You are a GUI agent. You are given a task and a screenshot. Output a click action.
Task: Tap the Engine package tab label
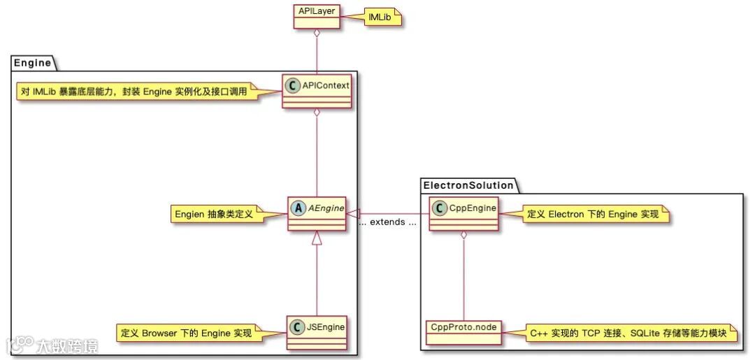33,63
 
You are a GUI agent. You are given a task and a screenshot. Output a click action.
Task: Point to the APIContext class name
325,85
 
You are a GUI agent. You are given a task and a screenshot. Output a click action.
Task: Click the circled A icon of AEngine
296,208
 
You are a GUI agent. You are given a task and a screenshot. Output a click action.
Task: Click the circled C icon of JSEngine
296,326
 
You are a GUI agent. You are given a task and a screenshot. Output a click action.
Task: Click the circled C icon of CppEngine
439,208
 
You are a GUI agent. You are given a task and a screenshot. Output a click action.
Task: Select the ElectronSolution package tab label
468,185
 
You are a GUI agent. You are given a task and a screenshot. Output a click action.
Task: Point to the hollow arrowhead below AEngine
317,239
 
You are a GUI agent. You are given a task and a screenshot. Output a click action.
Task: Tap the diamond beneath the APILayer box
317,35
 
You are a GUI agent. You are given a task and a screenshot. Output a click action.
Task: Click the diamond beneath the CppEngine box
463,236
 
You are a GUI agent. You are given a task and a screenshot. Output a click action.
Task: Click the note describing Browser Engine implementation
187,333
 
